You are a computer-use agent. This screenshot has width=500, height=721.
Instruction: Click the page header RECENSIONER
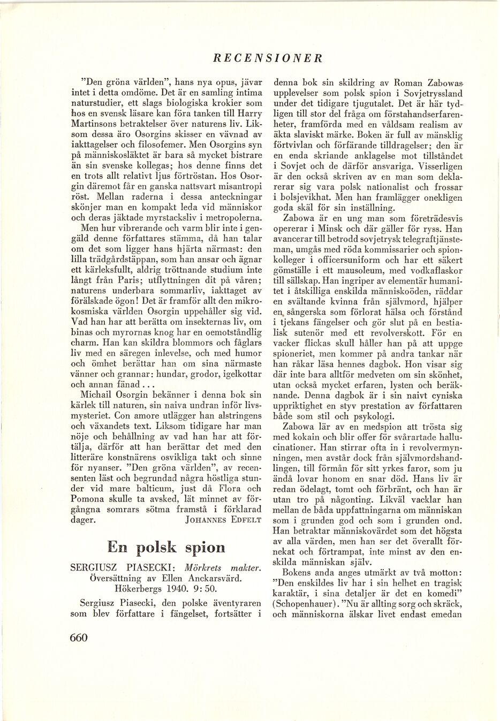267,58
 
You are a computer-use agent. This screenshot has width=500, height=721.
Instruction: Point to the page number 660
78,637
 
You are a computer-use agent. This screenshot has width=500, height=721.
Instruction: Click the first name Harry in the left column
249,114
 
